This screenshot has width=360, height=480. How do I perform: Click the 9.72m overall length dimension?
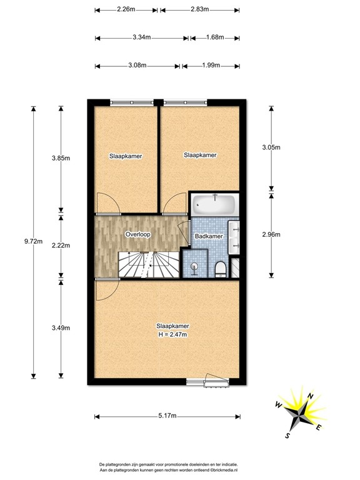(33, 241)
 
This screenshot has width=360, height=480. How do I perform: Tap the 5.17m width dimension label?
(167, 416)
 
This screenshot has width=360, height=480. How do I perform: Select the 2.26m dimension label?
(126, 9)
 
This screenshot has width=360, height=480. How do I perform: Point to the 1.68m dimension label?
(215, 37)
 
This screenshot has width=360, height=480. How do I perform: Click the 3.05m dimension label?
(271, 147)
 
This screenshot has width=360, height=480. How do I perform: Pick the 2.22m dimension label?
(61, 245)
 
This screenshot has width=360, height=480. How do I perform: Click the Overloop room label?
(137, 234)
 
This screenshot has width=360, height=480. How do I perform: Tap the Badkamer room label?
(209, 236)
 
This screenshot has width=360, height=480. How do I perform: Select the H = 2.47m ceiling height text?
(172, 334)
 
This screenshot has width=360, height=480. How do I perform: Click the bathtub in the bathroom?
(214, 205)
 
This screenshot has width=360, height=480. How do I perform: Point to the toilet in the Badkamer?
(221, 269)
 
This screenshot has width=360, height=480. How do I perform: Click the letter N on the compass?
(311, 396)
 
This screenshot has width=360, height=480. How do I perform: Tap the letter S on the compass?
(287, 435)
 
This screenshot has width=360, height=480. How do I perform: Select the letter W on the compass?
(278, 405)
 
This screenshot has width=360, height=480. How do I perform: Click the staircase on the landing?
(149, 265)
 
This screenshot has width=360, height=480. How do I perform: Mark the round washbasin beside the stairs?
(194, 267)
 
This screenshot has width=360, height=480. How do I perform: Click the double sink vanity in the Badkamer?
(234, 237)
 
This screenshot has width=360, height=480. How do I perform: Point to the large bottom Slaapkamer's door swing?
(107, 289)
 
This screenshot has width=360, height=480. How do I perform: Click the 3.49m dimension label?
(61, 328)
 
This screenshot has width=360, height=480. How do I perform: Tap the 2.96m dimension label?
(271, 234)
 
